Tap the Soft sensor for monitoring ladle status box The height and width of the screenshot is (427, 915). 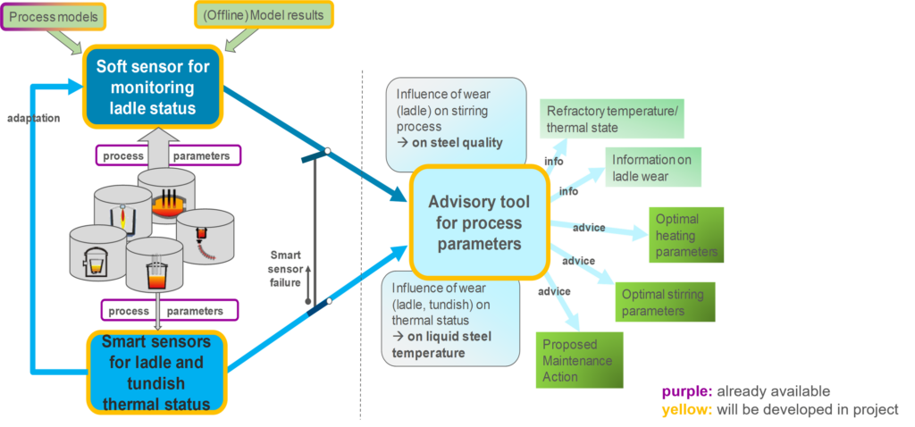pyautogui.click(x=152, y=88)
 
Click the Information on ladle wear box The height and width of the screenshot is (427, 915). pyautogui.click(x=652, y=168)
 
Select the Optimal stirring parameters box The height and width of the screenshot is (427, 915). pyautogui.click(x=662, y=302)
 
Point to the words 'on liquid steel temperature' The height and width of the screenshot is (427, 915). pyautogui.click(x=447, y=345)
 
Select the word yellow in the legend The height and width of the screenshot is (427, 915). pyautogui.click(x=683, y=409)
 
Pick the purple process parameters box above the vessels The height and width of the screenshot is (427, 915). pyautogui.click(x=168, y=155)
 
